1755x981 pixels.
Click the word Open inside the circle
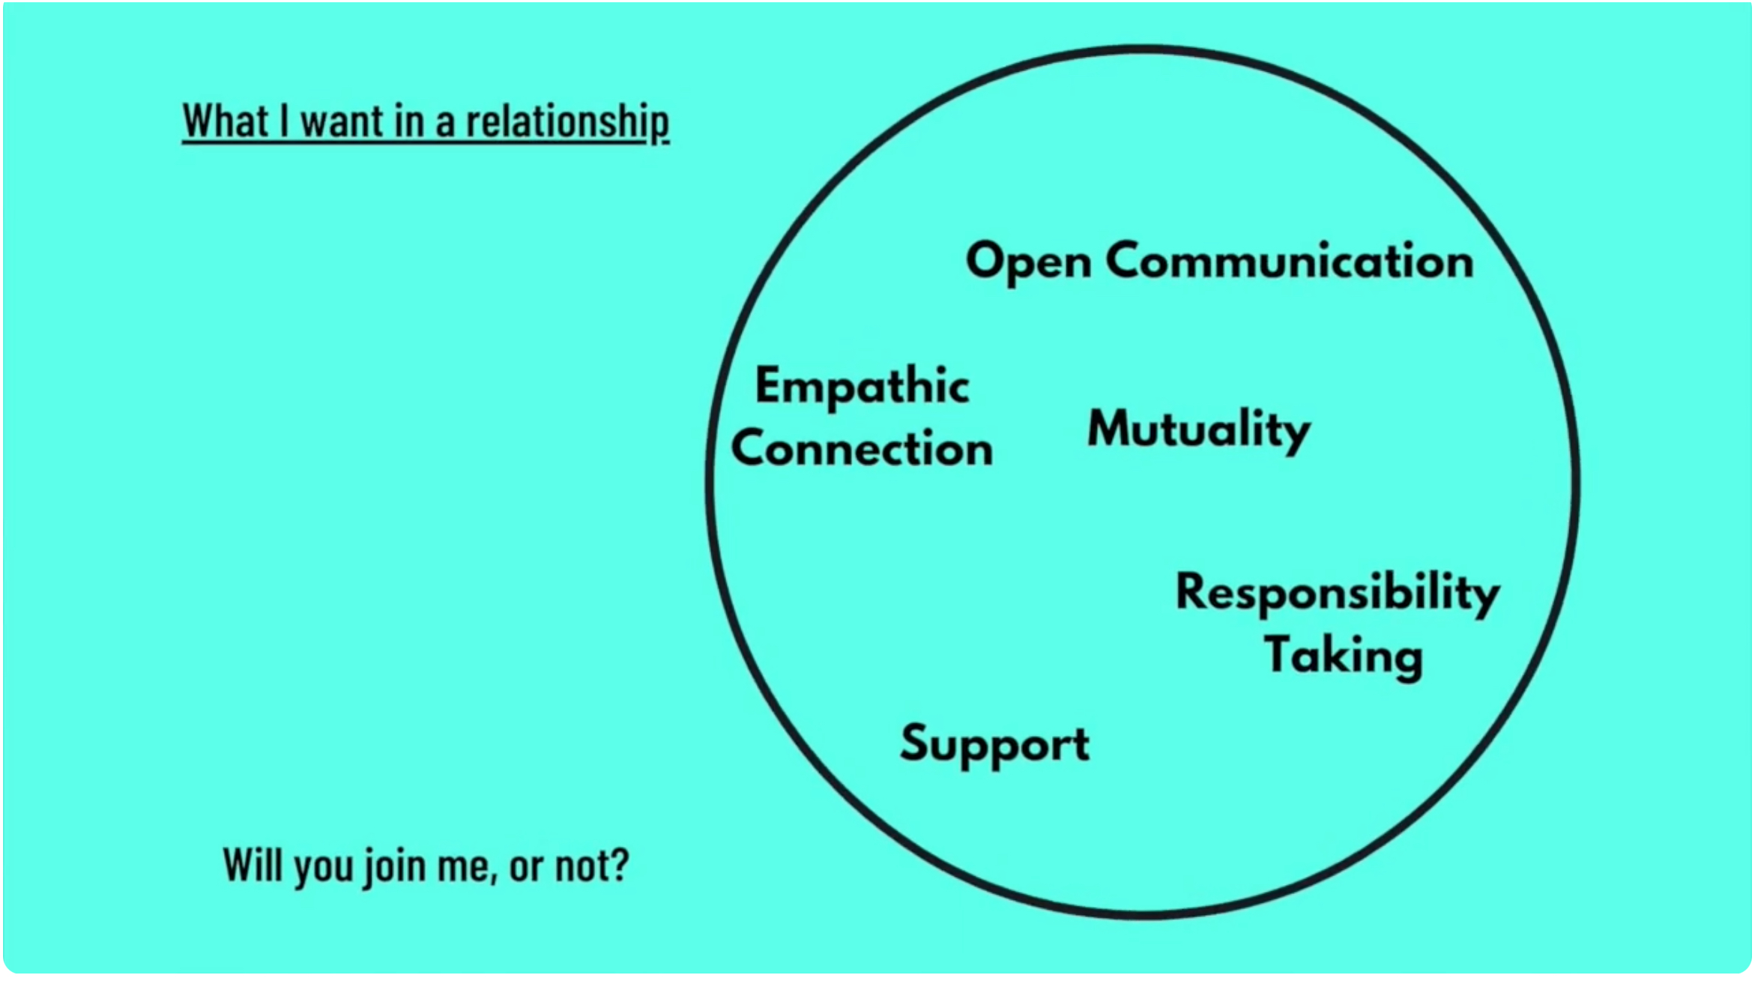[1028, 262]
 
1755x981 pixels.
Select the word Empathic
[862, 387]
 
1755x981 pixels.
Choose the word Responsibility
[1338, 592]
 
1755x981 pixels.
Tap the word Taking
[1343, 655]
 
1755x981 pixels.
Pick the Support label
[994, 744]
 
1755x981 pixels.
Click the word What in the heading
[226, 121]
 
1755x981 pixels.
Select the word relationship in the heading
[567, 122]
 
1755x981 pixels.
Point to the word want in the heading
[342, 122]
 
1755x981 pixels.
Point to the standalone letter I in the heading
[285, 121]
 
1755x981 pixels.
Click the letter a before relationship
[445, 124]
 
